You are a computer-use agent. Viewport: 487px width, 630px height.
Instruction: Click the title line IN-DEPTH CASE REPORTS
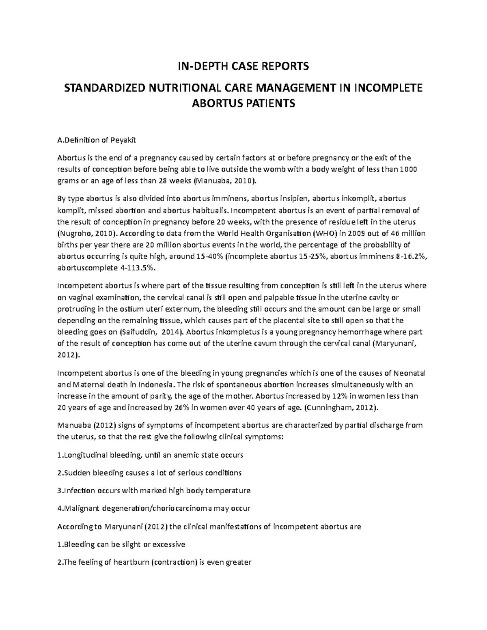coord(243,66)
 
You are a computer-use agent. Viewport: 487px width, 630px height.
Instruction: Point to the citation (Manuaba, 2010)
coord(226,181)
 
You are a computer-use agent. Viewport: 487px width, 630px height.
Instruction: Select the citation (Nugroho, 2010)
coord(87,233)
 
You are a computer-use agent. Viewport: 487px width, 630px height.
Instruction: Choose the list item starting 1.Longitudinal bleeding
coord(150,455)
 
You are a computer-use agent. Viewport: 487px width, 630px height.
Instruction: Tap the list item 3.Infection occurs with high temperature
coord(154,490)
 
